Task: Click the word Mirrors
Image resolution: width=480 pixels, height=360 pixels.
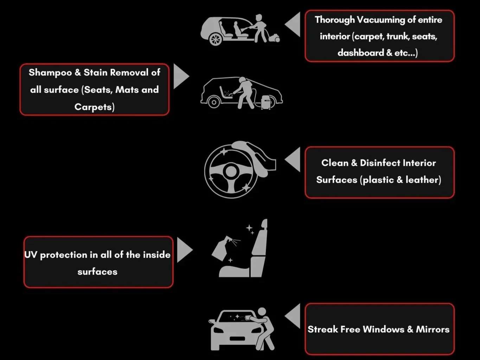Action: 433,329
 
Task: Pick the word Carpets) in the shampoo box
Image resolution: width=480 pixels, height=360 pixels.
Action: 94,107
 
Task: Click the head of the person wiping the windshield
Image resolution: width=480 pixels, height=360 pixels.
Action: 262,312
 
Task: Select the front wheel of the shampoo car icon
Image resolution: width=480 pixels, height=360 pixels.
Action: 214,102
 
